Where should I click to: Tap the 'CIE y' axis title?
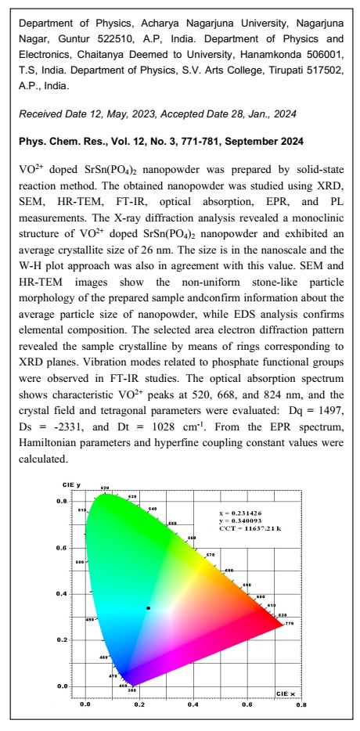click(72, 485)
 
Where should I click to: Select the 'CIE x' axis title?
click(286, 693)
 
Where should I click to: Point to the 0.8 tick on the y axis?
click(71, 501)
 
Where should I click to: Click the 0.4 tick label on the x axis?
click(193, 704)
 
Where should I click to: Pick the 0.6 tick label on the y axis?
click(71, 547)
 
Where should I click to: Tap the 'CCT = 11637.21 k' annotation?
click(254, 530)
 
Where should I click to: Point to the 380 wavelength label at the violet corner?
click(131, 690)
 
